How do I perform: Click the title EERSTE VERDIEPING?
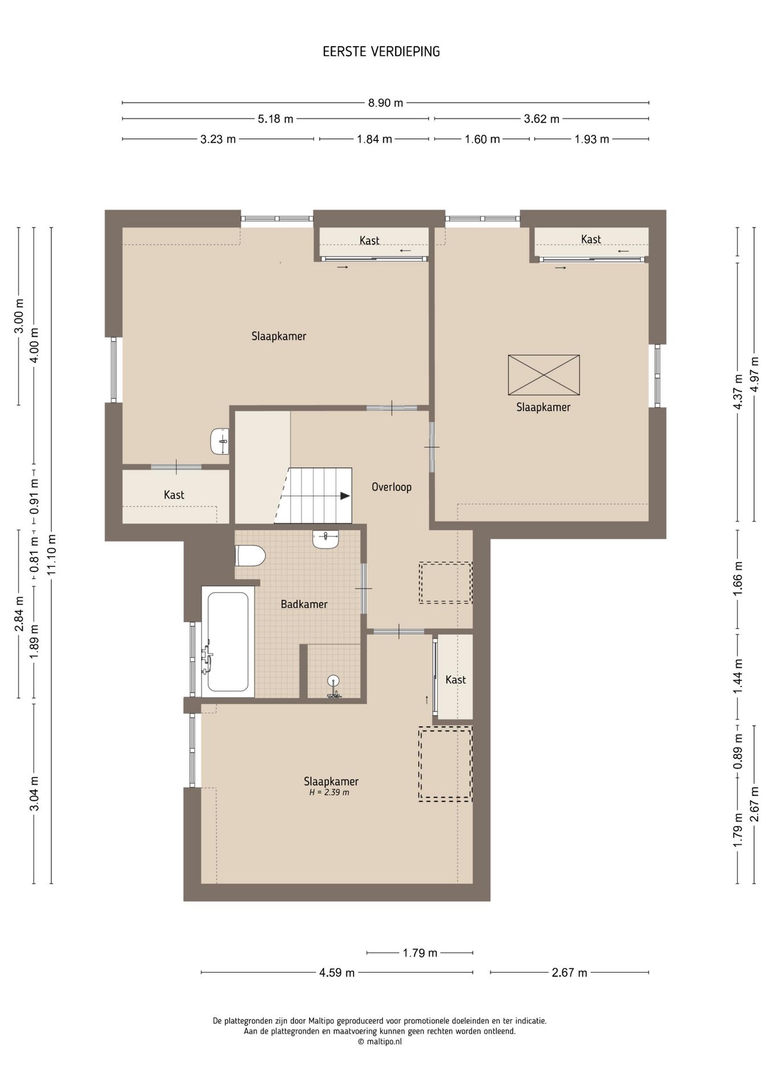click(381, 52)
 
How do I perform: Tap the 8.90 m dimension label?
click(385, 103)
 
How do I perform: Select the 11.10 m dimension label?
click(52, 555)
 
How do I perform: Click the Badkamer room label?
click(304, 604)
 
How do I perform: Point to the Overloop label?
click(392, 487)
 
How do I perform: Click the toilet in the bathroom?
click(250, 556)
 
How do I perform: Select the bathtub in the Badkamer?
click(228, 642)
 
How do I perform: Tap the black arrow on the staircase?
click(345, 495)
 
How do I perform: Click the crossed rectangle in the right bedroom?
click(544, 375)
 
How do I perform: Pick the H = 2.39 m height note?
click(329, 792)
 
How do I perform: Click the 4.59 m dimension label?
click(337, 973)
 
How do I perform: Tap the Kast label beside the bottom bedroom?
click(455, 680)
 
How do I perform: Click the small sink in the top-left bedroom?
click(220, 441)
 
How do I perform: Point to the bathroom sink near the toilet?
click(326, 539)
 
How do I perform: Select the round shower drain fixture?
click(334, 680)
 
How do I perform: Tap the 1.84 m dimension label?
click(375, 139)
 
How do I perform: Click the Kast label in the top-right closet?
click(591, 239)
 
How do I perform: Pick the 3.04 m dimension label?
click(34, 793)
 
